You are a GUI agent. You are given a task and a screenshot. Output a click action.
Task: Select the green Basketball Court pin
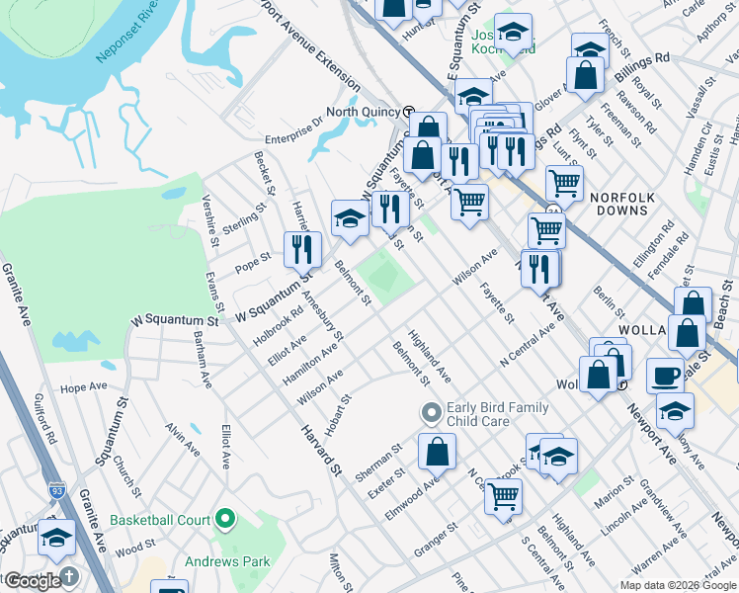pos(226,518)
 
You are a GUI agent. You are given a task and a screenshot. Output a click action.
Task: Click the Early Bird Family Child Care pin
pos(431,411)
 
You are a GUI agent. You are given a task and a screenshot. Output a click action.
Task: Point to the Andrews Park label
pos(228,561)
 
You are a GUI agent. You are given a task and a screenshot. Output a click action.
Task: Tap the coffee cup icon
pos(665,377)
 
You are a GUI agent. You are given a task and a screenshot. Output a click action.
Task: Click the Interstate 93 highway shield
pos(58,489)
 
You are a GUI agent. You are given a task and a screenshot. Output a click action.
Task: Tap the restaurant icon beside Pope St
pos(302,249)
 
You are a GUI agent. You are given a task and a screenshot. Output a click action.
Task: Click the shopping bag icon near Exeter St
pos(437,452)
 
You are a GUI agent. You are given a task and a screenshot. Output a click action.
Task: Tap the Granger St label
pos(437,542)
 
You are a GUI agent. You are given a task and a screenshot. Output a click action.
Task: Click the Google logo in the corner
pos(33,581)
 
